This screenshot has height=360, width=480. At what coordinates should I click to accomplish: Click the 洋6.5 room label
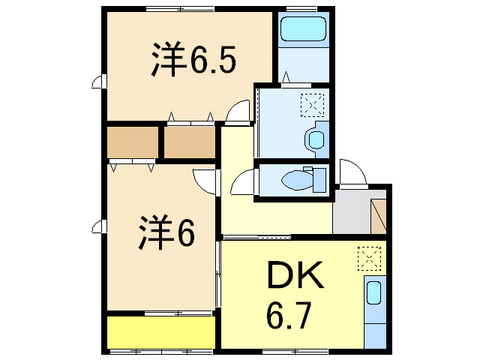(193, 61)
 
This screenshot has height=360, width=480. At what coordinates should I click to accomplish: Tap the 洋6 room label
(166, 232)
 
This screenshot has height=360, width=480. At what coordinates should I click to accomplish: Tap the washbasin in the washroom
(316, 138)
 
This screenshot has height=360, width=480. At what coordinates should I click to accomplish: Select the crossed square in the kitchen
(369, 258)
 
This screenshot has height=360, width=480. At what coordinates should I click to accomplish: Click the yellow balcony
(160, 332)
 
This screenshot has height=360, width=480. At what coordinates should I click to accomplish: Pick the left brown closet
(132, 142)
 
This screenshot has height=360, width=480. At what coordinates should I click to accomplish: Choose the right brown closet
(189, 142)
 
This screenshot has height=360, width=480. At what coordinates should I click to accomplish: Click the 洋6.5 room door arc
(238, 111)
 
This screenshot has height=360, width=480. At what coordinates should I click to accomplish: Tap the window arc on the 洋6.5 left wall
(98, 82)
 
